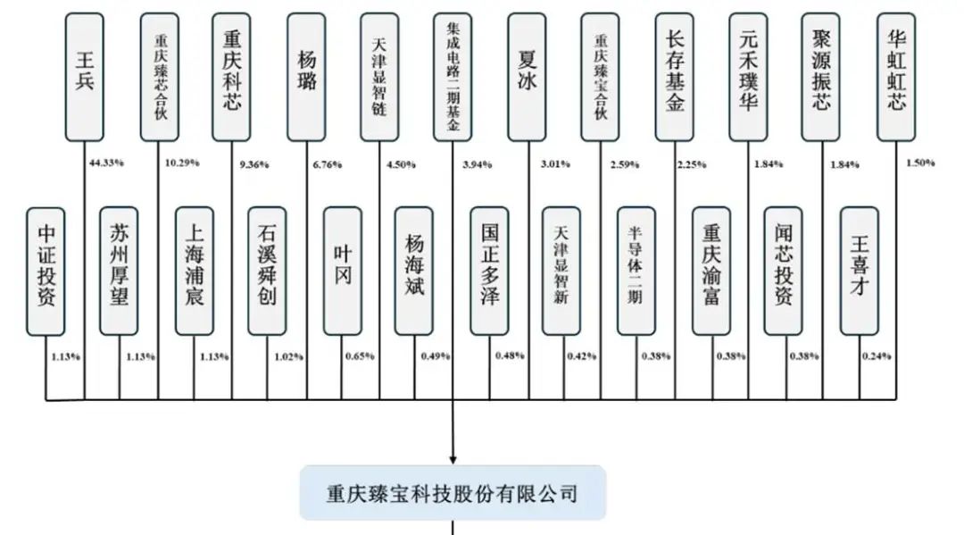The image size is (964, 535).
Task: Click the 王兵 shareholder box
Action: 86,76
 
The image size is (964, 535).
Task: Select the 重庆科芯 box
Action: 232,76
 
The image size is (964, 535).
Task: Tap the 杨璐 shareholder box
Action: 306,76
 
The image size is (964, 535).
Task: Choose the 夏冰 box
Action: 527,76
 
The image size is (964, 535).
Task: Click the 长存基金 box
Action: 674,76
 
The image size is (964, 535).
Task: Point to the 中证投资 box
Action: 46,271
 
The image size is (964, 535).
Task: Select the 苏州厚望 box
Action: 119,271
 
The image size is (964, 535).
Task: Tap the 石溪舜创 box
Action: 267,271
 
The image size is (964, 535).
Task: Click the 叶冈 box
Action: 342,271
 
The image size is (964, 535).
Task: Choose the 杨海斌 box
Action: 414,271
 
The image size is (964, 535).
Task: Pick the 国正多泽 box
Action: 489,271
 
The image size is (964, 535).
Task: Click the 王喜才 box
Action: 859,271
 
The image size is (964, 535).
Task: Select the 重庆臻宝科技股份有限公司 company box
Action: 453,492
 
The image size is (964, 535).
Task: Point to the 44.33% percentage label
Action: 107,163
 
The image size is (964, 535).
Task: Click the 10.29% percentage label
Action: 182,163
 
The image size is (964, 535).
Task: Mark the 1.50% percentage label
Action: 919,163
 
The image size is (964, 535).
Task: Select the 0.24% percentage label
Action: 877,356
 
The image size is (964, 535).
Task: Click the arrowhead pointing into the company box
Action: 453,458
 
